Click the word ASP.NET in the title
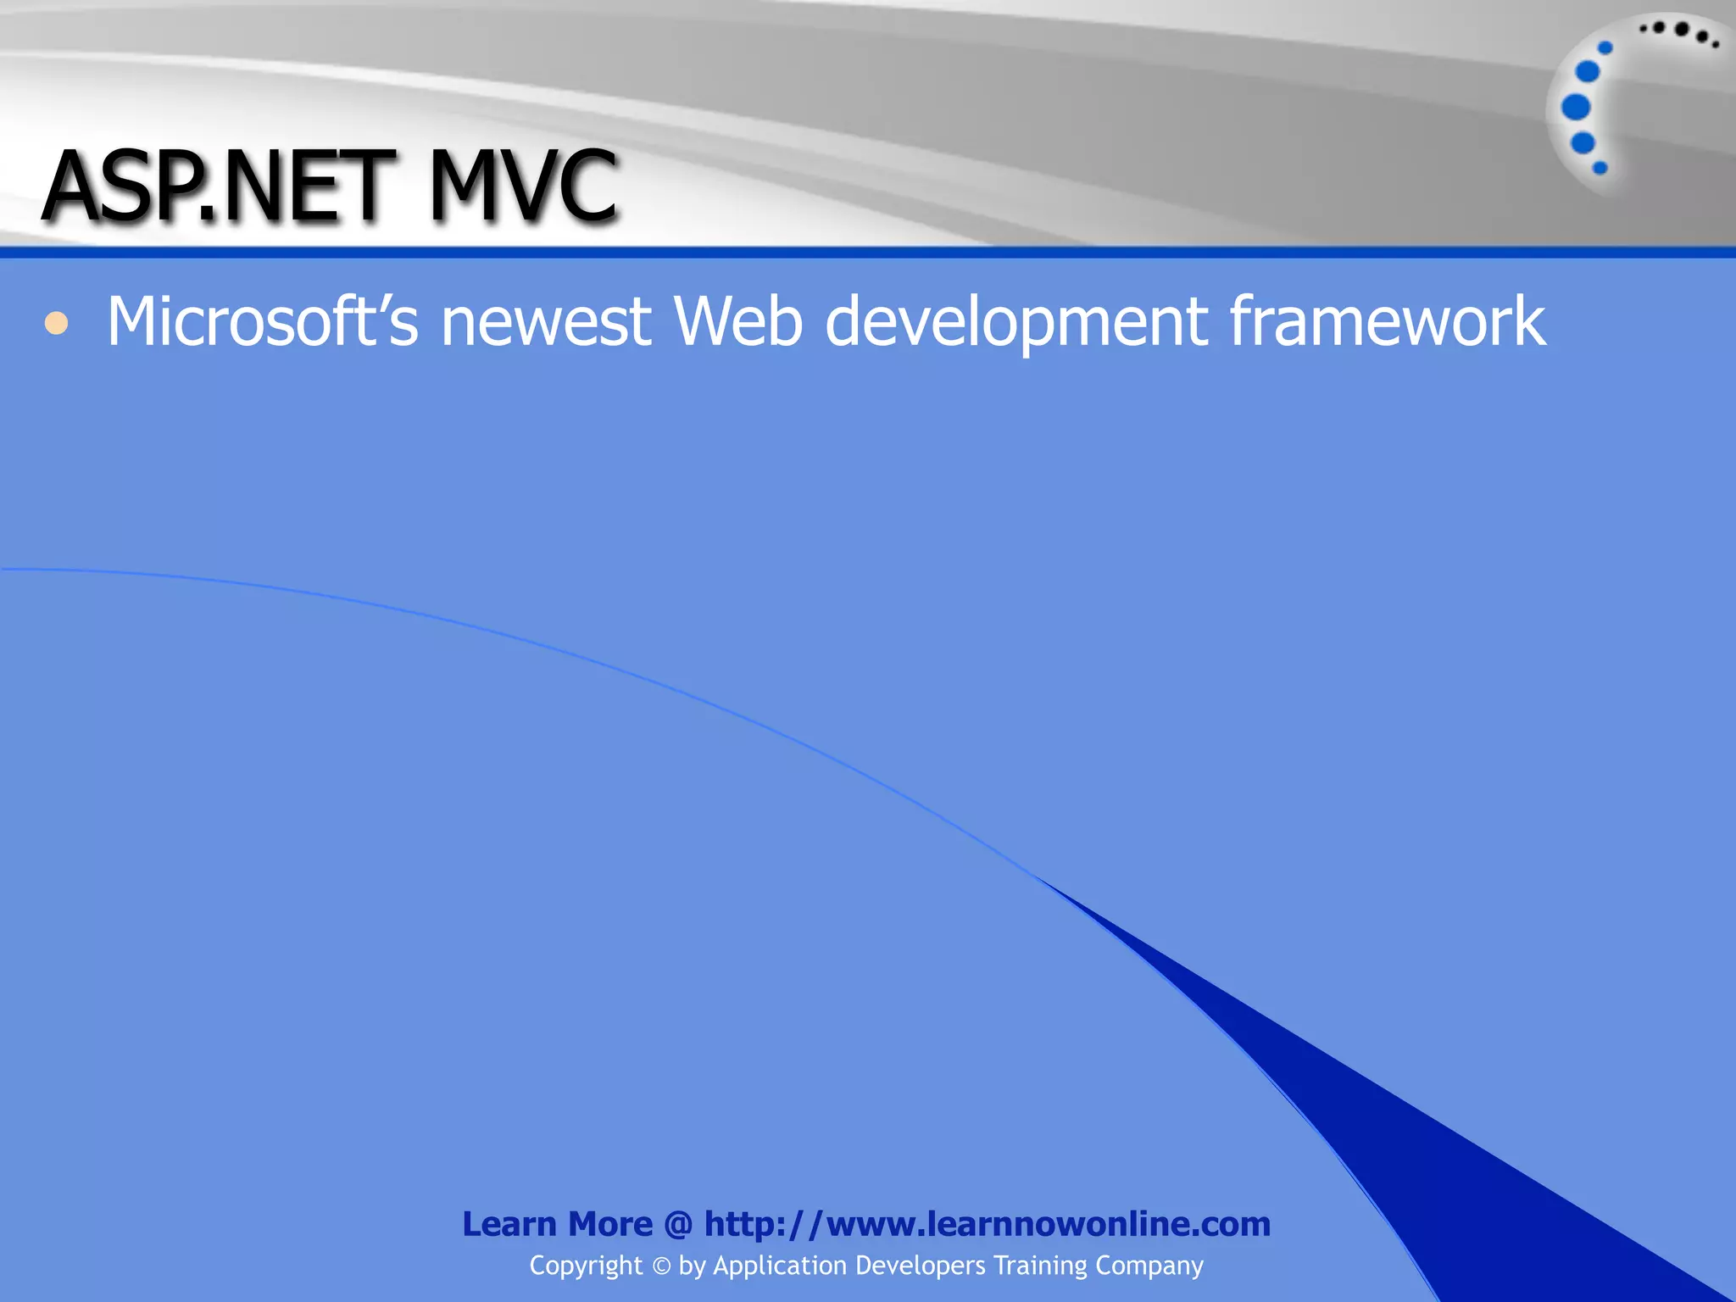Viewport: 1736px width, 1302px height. point(219,186)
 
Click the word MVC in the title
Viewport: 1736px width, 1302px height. point(523,186)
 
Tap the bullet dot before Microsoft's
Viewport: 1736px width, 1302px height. point(56,323)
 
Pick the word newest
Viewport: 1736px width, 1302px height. point(546,322)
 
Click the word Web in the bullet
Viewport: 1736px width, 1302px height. point(737,321)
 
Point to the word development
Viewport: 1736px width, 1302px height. point(1016,323)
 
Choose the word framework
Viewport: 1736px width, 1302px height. point(1388,321)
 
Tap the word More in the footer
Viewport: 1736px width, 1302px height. point(610,1224)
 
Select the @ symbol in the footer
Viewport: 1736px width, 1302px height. point(678,1225)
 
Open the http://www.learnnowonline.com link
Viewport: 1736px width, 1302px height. point(988,1224)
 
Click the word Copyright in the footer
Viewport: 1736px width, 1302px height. point(586,1266)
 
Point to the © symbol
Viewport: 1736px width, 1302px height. point(661,1266)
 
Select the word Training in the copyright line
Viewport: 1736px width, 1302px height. point(1040,1266)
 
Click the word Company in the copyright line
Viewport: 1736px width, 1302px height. point(1149,1266)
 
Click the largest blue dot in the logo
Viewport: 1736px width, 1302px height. point(1576,107)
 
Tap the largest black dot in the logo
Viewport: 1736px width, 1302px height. point(1682,30)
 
